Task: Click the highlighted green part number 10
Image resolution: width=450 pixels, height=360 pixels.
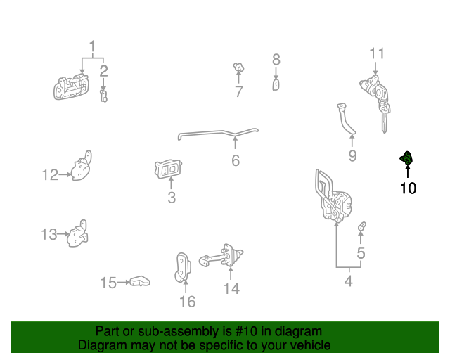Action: pyautogui.click(x=406, y=160)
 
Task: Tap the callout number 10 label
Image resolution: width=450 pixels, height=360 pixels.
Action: pyautogui.click(x=408, y=188)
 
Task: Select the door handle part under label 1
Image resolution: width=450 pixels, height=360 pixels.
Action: pyautogui.click(x=72, y=88)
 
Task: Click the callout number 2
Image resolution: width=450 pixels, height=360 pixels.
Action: pyautogui.click(x=103, y=70)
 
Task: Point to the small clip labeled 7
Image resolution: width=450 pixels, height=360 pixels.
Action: pyautogui.click(x=238, y=68)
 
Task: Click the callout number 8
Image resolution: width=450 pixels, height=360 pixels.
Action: pyautogui.click(x=276, y=60)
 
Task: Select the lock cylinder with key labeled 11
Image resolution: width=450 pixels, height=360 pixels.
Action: pyautogui.click(x=375, y=96)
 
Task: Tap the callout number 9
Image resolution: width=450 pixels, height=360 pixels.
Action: pyautogui.click(x=352, y=155)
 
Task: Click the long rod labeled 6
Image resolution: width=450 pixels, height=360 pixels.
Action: pyautogui.click(x=218, y=132)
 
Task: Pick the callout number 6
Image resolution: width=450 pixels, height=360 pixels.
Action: pyautogui.click(x=236, y=161)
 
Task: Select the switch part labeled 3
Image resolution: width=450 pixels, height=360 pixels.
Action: pyautogui.click(x=169, y=169)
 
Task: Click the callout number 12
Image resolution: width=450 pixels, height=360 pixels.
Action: pyautogui.click(x=50, y=175)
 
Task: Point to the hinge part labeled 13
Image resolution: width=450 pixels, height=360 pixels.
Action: pyautogui.click(x=77, y=235)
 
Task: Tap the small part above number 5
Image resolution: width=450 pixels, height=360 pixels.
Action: pyautogui.click(x=362, y=227)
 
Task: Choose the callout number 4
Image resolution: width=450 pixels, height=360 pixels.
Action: pyautogui.click(x=348, y=283)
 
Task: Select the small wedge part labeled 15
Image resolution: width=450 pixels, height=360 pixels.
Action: pyautogui.click(x=140, y=282)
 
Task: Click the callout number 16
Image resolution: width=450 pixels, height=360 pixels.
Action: pyautogui.click(x=187, y=302)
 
